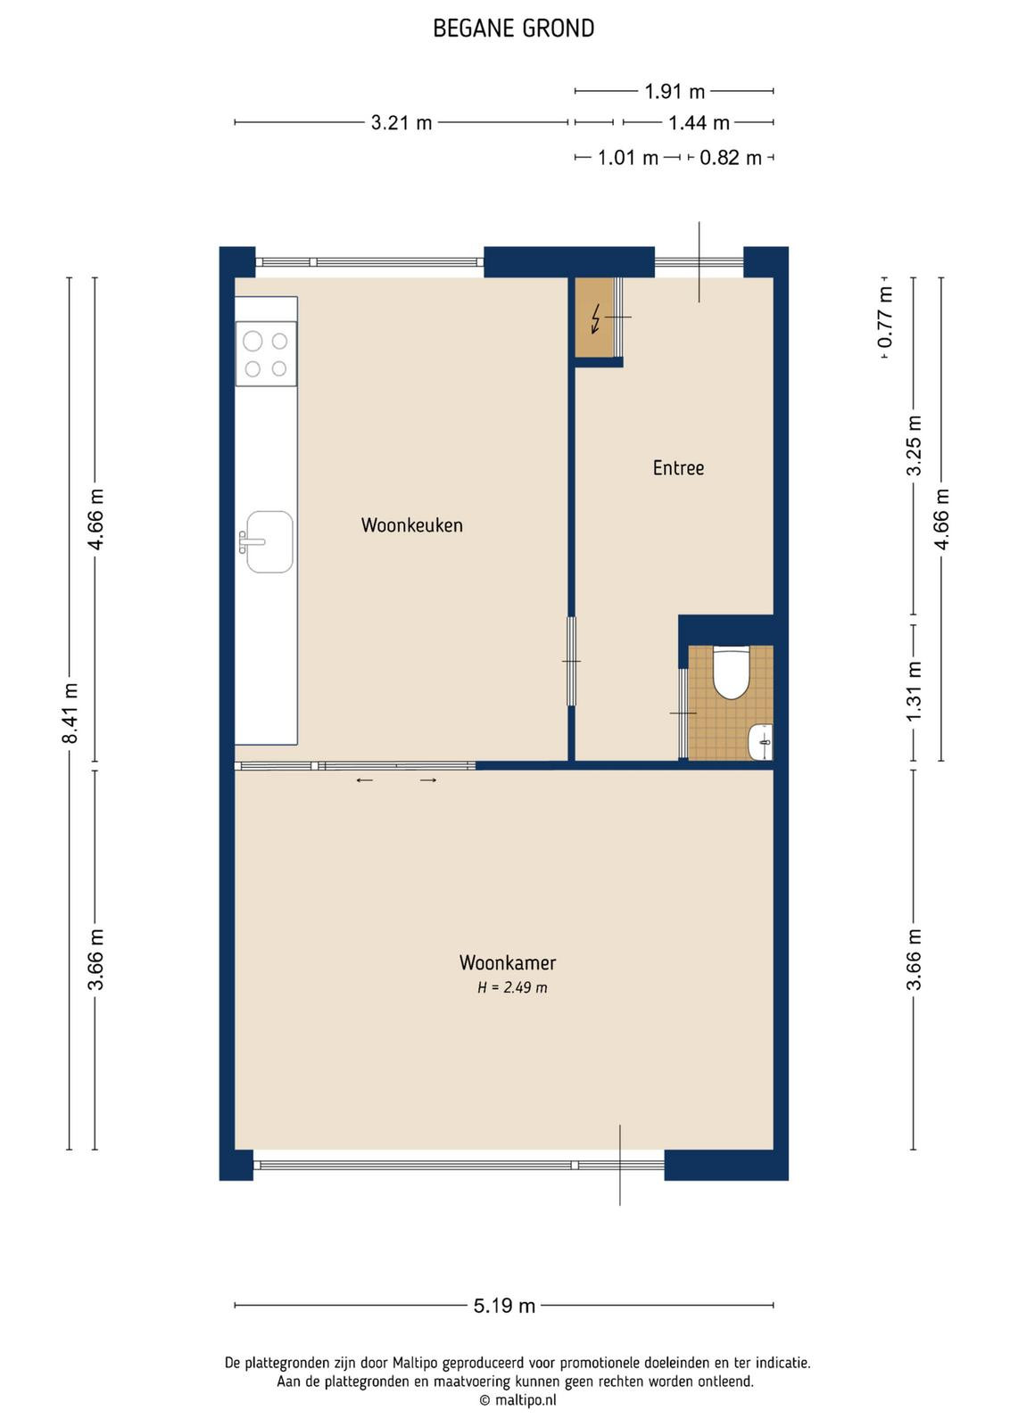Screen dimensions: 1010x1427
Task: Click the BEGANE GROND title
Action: pyautogui.click(x=514, y=29)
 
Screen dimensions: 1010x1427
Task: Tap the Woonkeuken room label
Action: pyautogui.click(x=411, y=525)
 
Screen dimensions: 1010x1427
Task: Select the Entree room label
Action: pyautogui.click(x=678, y=468)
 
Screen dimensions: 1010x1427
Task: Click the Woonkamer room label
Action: pyautogui.click(x=507, y=962)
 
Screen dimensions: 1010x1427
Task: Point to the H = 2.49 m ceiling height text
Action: pyautogui.click(x=512, y=987)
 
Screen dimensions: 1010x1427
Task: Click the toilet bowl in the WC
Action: pyautogui.click(x=730, y=672)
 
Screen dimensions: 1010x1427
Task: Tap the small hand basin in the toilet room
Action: pyautogui.click(x=760, y=741)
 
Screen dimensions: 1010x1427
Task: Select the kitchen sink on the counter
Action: pyautogui.click(x=269, y=541)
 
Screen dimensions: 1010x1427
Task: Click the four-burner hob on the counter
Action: pyautogui.click(x=266, y=353)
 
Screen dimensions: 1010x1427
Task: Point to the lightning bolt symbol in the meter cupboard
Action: pyautogui.click(x=596, y=318)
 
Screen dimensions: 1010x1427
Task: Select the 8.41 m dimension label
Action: pyautogui.click(x=70, y=713)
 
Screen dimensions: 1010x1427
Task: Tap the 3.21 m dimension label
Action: pyautogui.click(x=402, y=122)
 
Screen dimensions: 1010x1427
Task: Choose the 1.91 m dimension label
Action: pyautogui.click(x=675, y=92)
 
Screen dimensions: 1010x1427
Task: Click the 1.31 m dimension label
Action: pyautogui.click(x=914, y=692)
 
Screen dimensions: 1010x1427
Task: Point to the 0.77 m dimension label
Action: pyautogui.click(x=885, y=317)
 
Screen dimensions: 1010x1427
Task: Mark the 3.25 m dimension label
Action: pyautogui.click(x=914, y=445)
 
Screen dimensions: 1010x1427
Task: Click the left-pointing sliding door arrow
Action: pyautogui.click(x=365, y=780)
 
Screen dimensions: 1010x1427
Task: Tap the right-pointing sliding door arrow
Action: pyautogui.click(x=428, y=780)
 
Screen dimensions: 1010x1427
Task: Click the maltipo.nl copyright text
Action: pyautogui.click(x=517, y=1399)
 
